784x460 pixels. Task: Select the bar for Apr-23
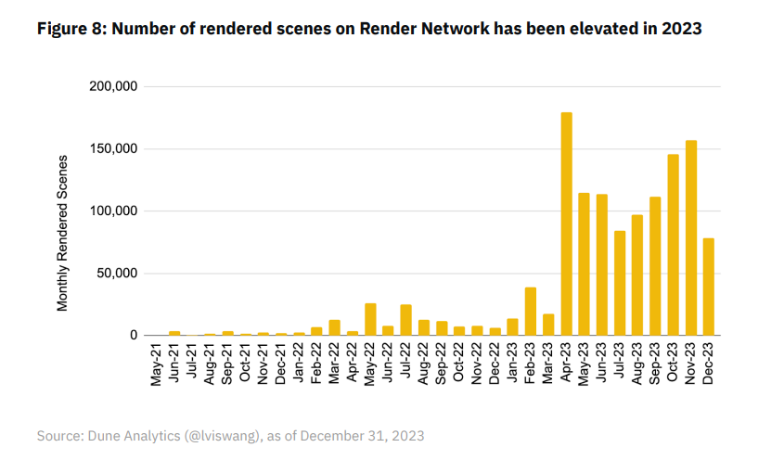566,224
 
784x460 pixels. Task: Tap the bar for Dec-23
709,287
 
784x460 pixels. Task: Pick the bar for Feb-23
531,312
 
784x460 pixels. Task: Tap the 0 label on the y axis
135,336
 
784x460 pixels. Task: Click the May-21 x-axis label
157,364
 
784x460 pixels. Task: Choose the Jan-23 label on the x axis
513,364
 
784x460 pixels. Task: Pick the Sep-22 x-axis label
442,364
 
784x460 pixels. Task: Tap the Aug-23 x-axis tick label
637,364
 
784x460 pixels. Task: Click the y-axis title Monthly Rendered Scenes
63,233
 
